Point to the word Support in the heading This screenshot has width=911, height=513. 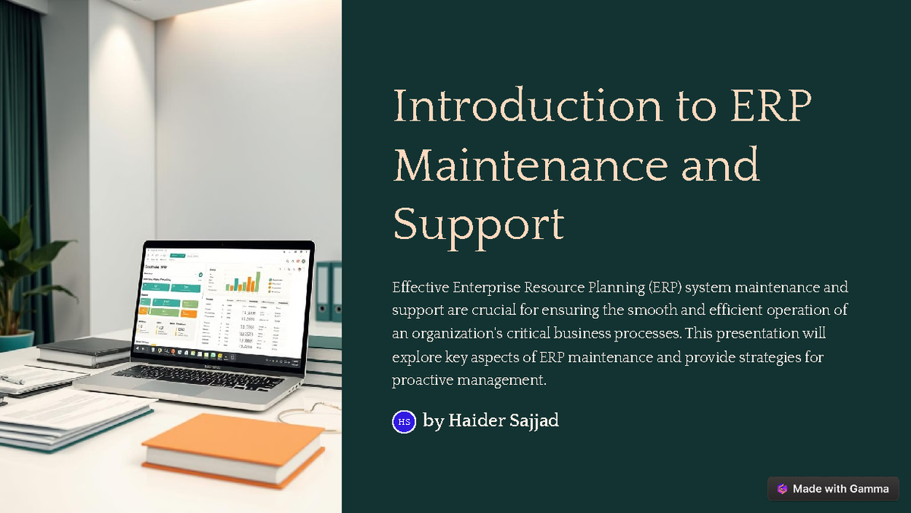478,224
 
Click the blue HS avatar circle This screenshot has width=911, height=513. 404,421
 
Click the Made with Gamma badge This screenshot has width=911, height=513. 833,489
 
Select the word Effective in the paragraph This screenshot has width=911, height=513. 420,288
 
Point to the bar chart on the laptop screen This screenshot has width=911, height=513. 242,282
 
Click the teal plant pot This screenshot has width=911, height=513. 15,341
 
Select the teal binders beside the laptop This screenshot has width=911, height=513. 329,292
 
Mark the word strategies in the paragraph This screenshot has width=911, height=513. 770,357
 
